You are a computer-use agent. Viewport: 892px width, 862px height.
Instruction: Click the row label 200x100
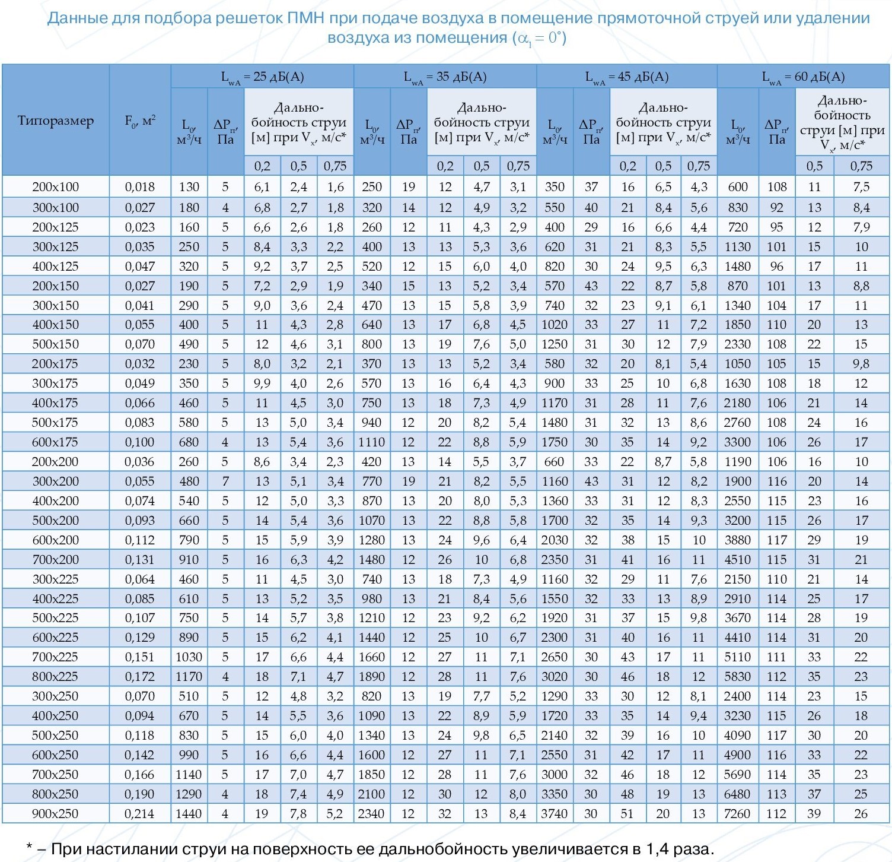[55, 187]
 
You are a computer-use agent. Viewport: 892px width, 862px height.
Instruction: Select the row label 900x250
[55, 813]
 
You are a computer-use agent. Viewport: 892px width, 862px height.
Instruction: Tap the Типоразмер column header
[56, 121]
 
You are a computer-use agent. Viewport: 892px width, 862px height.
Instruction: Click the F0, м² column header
[140, 121]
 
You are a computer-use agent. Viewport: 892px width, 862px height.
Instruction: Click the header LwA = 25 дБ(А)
[262, 77]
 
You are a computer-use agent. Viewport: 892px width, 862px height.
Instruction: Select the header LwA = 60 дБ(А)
[803, 77]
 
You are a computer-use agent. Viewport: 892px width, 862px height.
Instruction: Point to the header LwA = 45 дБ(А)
[627, 77]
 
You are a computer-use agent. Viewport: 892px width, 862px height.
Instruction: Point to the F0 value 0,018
[140, 187]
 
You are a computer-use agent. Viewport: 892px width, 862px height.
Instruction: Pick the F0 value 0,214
[140, 813]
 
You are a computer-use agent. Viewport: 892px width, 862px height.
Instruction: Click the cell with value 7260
[737, 813]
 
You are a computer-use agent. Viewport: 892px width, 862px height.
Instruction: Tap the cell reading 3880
[737, 540]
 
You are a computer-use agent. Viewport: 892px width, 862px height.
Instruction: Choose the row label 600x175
[55, 442]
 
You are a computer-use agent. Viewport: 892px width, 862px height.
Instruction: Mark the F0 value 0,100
[140, 442]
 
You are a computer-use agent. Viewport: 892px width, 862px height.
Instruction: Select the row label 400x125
[55, 266]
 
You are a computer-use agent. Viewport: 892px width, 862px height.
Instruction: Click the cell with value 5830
[737, 676]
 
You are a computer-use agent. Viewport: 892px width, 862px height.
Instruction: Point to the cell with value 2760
[737, 422]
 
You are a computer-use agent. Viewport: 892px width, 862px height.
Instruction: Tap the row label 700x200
[55, 559]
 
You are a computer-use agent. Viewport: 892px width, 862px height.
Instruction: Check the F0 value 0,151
[140, 657]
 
